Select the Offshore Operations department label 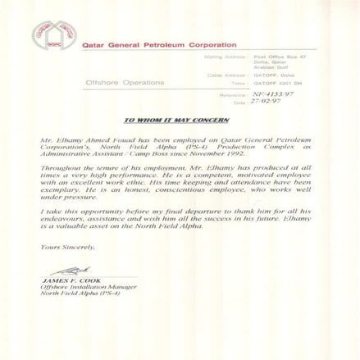pyautogui.click(x=125, y=83)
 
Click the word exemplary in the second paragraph pyautogui.click(x=57, y=189)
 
